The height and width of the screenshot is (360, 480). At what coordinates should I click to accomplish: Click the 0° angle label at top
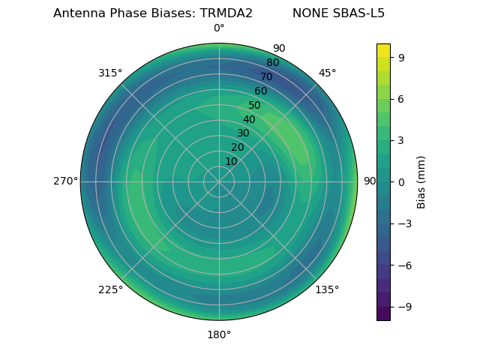tap(219, 28)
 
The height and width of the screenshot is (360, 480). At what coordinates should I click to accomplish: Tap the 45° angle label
tap(327, 73)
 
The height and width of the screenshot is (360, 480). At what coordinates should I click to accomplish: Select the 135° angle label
tap(327, 289)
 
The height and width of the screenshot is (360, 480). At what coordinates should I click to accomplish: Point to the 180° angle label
tap(219, 334)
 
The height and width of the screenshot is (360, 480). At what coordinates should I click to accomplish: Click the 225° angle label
tap(110, 289)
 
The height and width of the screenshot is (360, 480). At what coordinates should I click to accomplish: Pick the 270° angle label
tap(65, 181)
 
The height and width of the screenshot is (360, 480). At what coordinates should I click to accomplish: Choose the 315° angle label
tap(110, 73)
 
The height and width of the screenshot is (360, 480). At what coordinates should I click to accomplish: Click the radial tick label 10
tap(231, 161)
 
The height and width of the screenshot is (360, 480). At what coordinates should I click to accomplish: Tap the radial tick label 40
tap(249, 119)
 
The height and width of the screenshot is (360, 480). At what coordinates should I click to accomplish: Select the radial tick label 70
tap(266, 76)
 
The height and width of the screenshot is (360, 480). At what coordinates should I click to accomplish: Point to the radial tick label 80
tap(272, 63)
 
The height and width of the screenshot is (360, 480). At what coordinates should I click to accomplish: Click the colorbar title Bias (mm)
tap(421, 181)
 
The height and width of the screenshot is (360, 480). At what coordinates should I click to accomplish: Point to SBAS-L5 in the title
tap(359, 13)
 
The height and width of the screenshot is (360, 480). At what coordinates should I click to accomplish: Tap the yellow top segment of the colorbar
tap(383, 50)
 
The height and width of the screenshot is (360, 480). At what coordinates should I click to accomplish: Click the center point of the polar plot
tap(219, 181)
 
